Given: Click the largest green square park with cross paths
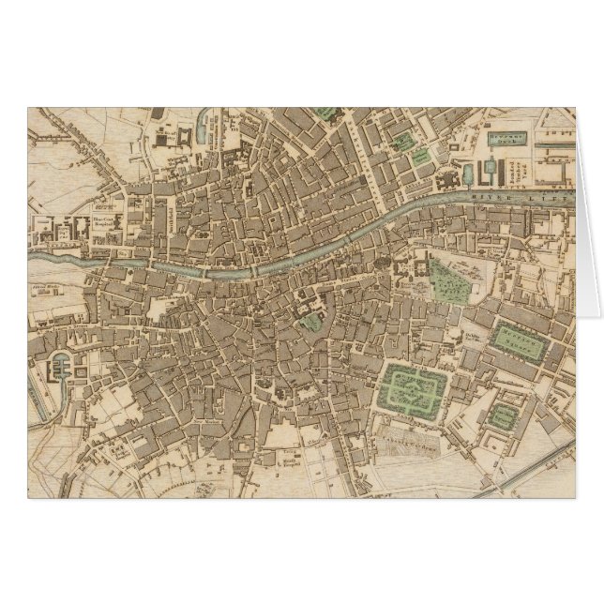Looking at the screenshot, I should click(x=414, y=385).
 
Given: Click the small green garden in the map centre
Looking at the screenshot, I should click(x=310, y=321).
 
